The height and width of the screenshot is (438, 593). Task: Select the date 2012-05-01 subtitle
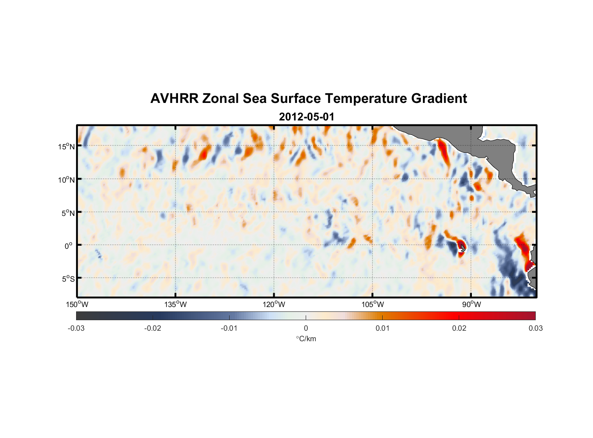click(307, 117)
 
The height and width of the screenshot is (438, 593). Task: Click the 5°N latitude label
click(68, 213)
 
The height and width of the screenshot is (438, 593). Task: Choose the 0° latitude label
click(69, 246)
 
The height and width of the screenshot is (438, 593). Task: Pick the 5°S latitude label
click(68, 279)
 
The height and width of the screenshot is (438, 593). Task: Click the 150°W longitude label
click(77, 304)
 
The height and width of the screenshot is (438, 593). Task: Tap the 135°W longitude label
click(175, 304)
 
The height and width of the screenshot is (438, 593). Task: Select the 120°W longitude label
click(274, 304)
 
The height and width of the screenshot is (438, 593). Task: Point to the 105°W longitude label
click(373, 304)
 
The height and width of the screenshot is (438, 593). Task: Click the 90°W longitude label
click(471, 304)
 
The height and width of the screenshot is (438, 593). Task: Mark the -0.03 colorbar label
click(76, 328)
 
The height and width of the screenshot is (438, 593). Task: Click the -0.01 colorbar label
click(229, 328)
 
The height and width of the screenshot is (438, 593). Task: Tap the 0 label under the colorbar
click(306, 328)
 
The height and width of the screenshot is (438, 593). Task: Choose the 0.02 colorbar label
click(459, 328)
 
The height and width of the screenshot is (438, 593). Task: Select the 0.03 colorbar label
click(535, 328)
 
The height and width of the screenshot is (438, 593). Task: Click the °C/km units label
click(306, 339)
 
